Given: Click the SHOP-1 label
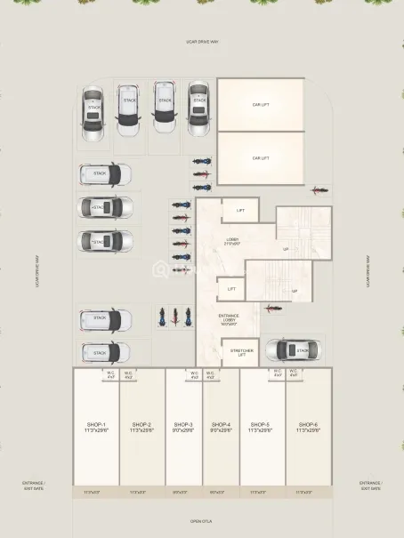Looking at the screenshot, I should click(96, 425).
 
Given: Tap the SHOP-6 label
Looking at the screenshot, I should click(309, 425).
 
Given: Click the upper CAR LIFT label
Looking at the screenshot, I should click(261, 104).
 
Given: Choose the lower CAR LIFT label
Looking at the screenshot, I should click(261, 157).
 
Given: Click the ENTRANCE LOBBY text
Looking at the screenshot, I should click(230, 318).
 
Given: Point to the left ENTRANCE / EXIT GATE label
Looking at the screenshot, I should click(33, 486).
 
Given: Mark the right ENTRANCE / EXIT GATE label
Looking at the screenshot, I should click(370, 486).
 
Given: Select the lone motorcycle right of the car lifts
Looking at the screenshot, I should click(319, 190).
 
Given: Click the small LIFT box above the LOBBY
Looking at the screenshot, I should click(238, 211).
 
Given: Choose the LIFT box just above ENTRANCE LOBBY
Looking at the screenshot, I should click(230, 289).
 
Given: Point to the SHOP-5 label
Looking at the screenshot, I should click(261, 425).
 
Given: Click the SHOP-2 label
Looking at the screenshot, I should click(141, 425).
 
